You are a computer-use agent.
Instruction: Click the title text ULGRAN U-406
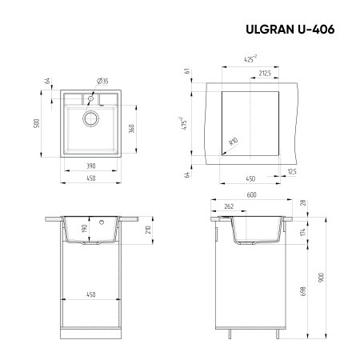click(288, 30)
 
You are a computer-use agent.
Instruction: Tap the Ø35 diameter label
click(102, 81)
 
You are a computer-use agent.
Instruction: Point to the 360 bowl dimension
click(131, 130)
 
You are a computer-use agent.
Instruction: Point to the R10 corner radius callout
click(234, 142)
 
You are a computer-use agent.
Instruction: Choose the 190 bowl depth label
click(85, 229)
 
